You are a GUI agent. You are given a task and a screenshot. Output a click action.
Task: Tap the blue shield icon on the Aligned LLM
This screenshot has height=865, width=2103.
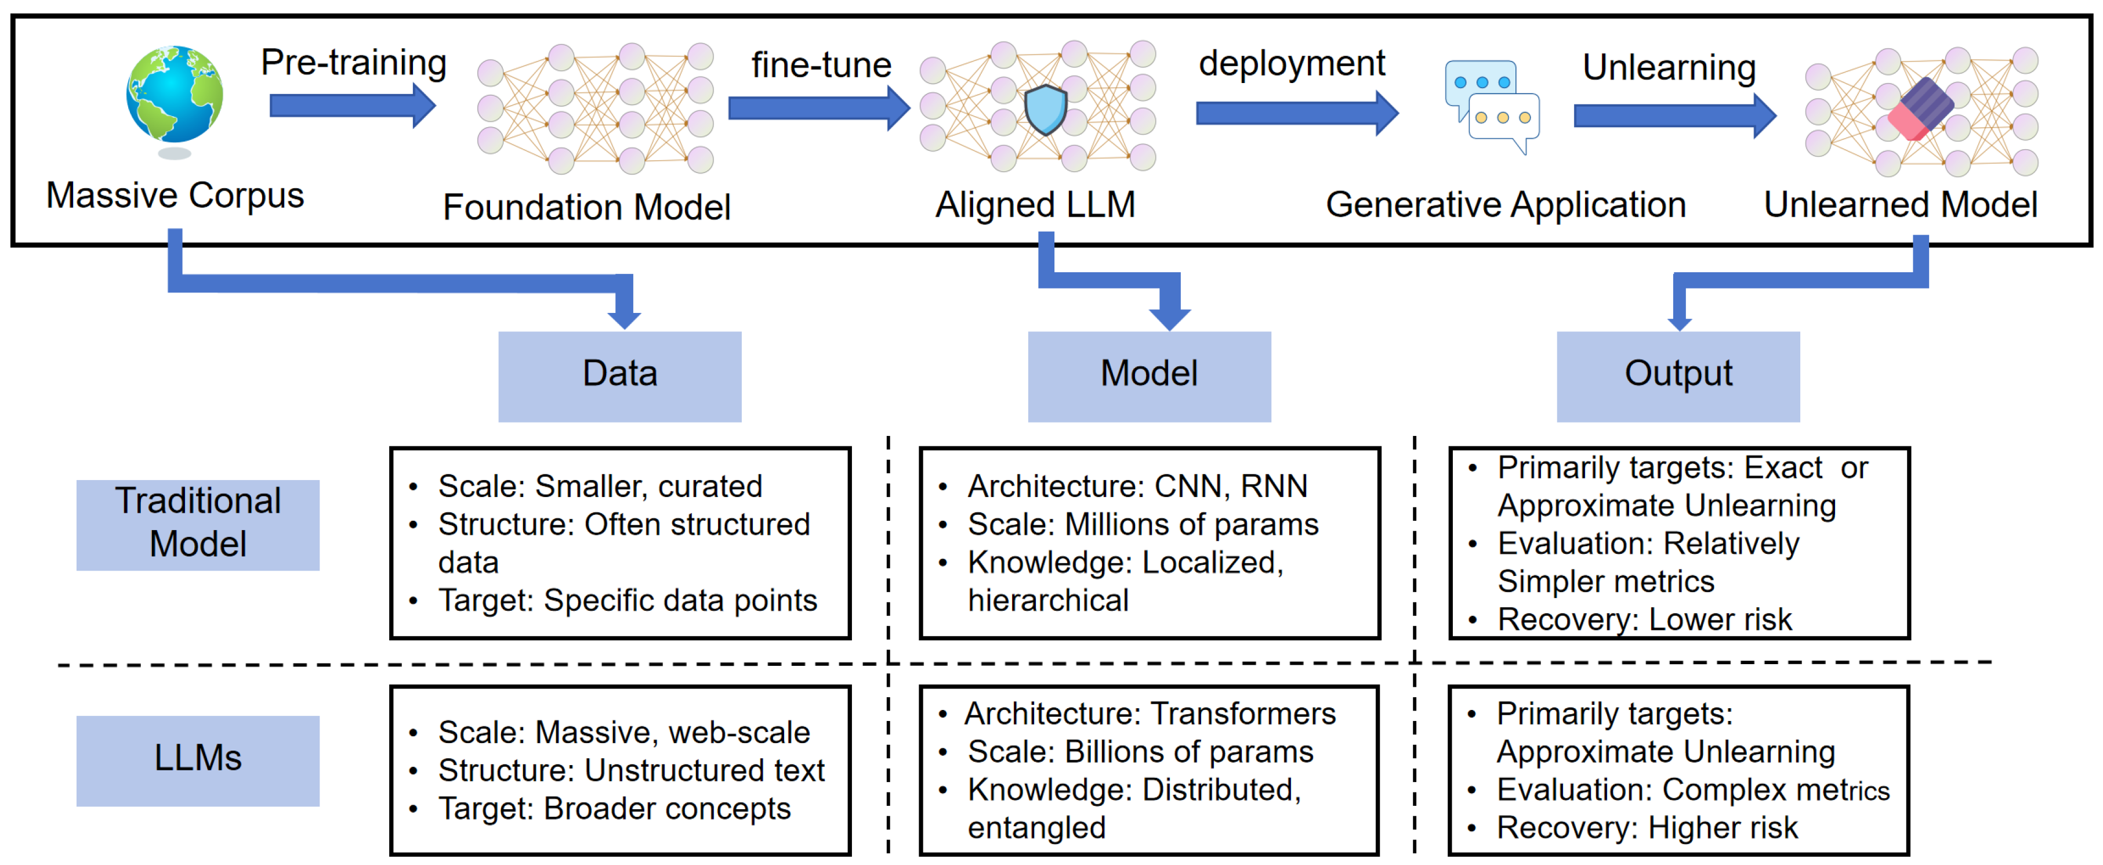click(1046, 110)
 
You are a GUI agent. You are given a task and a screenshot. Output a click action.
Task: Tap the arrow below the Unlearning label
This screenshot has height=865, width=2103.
click(1674, 116)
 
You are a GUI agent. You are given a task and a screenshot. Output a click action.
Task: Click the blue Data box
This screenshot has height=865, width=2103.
click(619, 376)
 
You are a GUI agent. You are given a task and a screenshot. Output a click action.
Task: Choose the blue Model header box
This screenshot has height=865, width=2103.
click(1149, 376)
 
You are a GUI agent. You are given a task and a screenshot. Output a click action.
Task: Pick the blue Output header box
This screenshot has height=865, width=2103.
click(1678, 376)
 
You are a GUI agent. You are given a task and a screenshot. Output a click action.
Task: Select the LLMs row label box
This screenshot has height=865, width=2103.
click(198, 759)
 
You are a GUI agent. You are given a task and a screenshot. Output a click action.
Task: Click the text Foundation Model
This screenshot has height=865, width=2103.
click(586, 207)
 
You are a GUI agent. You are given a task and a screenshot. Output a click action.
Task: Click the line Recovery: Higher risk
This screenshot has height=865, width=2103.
click(1646, 827)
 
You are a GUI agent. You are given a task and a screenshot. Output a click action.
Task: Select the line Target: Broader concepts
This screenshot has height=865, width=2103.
click(614, 809)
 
